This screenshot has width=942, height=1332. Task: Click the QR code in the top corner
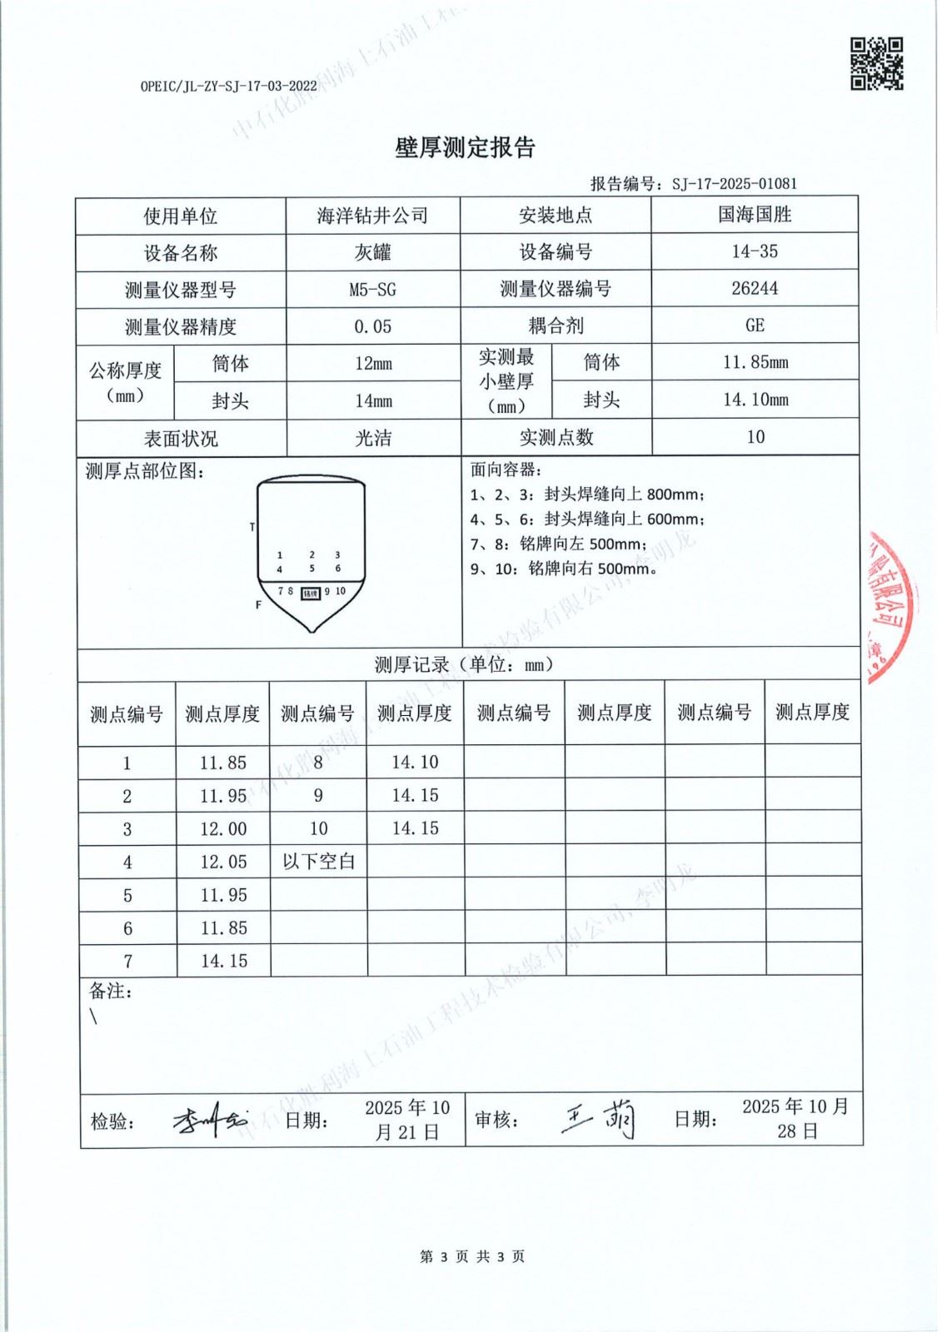pyautogui.click(x=876, y=63)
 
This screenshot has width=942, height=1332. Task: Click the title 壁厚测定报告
pyautogui.click(x=465, y=148)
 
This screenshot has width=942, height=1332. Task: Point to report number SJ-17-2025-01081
pyautogui.click(x=734, y=184)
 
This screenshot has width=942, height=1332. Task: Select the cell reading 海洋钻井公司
pyautogui.click(x=372, y=216)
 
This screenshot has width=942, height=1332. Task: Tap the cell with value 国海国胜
pyautogui.click(x=755, y=215)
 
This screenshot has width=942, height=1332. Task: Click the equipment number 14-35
pyautogui.click(x=755, y=251)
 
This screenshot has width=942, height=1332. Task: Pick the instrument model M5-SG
pyautogui.click(x=372, y=290)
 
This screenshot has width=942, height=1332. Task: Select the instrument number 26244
pyautogui.click(x=755, y=288)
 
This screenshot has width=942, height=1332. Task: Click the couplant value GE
pyautogui.click(x=755, y=326)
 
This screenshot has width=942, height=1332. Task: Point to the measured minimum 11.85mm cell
pyautogui.click(x=755, y=362)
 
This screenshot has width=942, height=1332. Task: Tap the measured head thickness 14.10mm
pyautogui.click(x=755, y=400)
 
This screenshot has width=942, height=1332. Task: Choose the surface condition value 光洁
pyautogui.click(x=372, y=438)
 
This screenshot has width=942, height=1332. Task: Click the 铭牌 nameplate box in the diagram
pyautogui.click(x=311, y=593)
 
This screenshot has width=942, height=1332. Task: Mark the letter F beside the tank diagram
pyautogui.click(x=258, y=605)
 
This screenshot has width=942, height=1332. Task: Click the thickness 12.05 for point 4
pyautogui.click(x=223, y=862)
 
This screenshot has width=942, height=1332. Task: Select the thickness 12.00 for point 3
pyautogui.click(x=223, y=829)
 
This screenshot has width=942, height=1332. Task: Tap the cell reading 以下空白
pyautogui.click(x=318, y=862)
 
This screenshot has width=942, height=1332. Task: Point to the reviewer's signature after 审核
pyautogui.click(x=600, y=1119)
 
